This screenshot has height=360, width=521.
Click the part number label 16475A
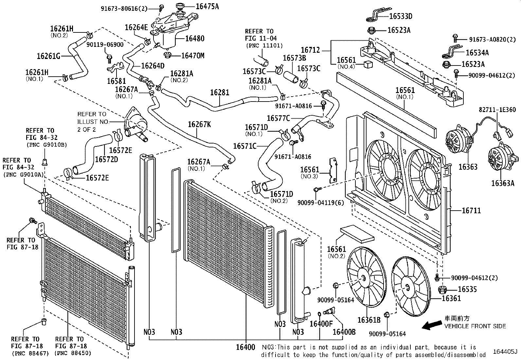pos(207,6)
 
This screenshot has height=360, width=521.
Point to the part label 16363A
pos(502,183)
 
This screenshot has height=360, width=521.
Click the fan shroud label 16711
pos(471,211)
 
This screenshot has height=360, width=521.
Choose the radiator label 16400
pos(245,347)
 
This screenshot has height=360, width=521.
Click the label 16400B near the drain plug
pos(344,332)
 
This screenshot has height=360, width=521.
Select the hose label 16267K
pos(199,124)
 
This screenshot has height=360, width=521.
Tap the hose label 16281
pos(220,92)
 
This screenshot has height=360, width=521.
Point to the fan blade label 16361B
pos(369,319)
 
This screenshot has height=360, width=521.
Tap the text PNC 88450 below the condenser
pos(73,353)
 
